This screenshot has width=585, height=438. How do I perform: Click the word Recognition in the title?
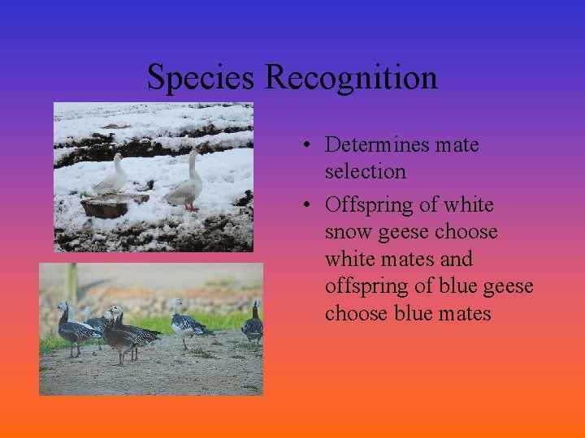click(351, 78)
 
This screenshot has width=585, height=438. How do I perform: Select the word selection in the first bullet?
click(365, 172)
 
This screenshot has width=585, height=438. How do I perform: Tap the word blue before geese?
click(457, 286)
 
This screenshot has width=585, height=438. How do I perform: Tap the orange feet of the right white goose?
click(191, 208)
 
